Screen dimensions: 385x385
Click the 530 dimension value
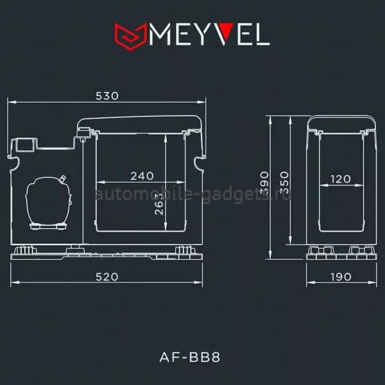pos(107,96)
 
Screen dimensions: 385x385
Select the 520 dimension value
pos(107,277)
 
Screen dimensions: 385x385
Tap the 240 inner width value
pos(142,176)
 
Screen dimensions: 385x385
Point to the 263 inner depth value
pos(159,204)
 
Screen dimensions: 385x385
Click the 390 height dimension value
pos(264,183)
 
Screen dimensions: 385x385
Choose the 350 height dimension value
pos(284,183)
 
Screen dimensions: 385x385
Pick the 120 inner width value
pos(341,179)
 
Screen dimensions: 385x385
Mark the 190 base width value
pos(341,277)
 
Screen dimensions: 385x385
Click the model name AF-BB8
pos(190,357)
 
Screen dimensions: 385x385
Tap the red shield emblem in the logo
pos(131,37)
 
